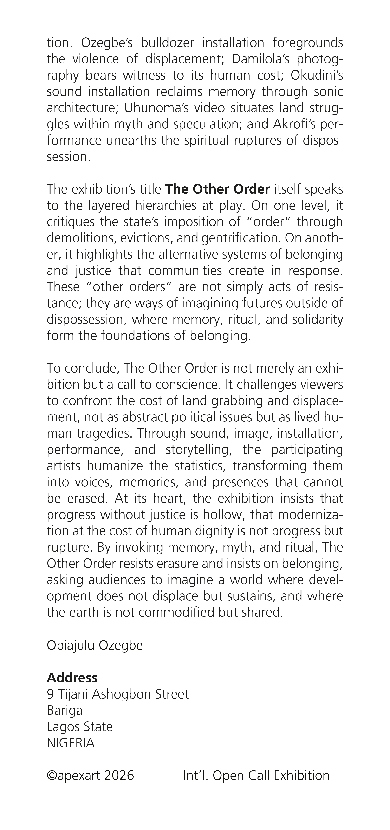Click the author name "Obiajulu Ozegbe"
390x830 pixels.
point(95,645)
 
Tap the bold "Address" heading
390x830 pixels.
point(72,678)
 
